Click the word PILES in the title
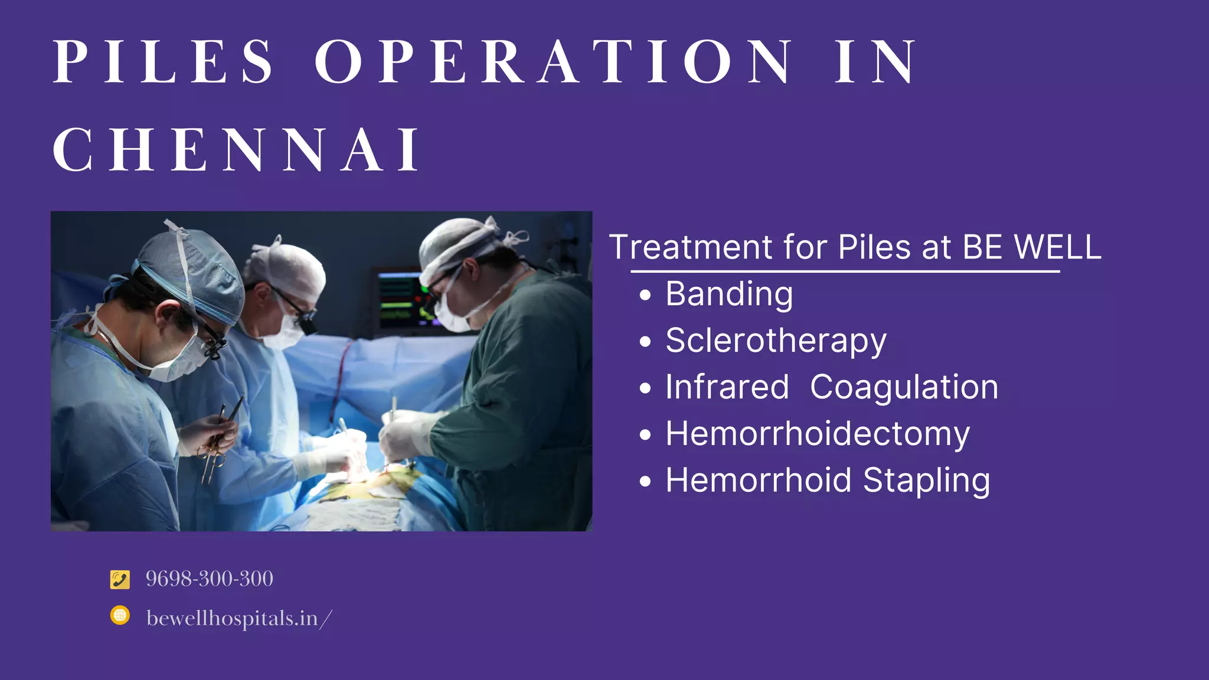163,61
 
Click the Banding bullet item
729,294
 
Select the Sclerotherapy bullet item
776,341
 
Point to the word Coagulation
904,387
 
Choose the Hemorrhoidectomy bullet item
818,434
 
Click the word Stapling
926,480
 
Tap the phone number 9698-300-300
210,579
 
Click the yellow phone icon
120,579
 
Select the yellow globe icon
120,616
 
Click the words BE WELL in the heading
1031,247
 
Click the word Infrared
727,387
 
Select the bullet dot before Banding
645,295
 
